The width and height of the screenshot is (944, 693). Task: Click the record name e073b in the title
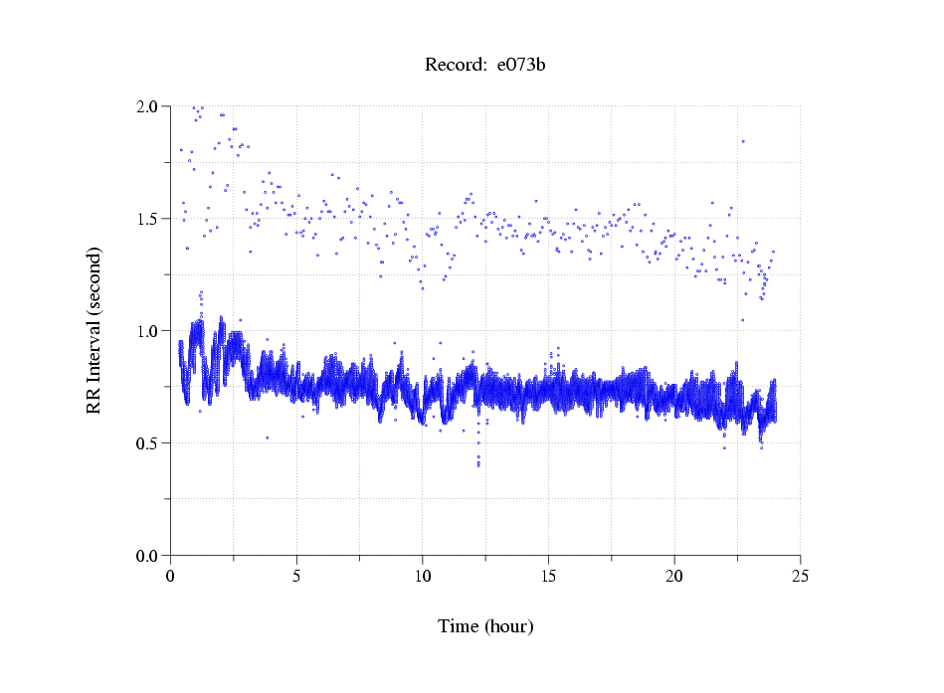click(521, 66)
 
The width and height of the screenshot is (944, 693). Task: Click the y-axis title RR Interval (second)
click(94, 330)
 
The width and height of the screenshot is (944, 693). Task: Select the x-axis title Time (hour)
click(485, 626)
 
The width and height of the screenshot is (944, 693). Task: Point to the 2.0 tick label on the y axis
click(151, 106)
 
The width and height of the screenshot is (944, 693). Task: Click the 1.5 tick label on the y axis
click(151, 219)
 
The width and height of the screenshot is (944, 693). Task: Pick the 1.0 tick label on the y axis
click(151, 331)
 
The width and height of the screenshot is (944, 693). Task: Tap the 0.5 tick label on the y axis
click(151, 443)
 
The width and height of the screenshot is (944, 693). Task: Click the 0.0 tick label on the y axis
click(151, 556)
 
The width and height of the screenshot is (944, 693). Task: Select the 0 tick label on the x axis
click(171, 576)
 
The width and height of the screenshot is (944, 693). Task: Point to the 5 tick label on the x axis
click(296, 576)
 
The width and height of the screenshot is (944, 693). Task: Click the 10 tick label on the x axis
click(423, 576)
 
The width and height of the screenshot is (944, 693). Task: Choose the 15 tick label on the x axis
click(548, 576)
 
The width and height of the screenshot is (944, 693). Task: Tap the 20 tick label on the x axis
click(674, 576)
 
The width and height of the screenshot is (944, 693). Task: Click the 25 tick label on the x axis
click(800, 576)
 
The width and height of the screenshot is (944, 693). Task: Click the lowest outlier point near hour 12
click(478, 464)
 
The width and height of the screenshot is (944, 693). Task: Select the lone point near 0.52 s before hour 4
click(267, 437)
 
